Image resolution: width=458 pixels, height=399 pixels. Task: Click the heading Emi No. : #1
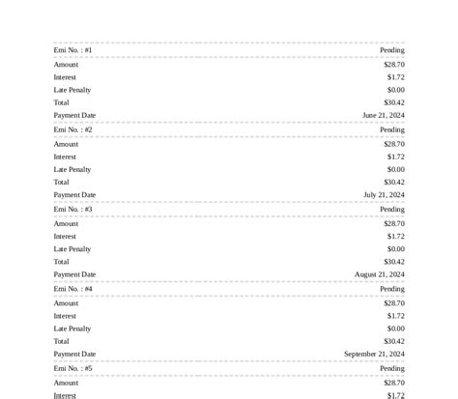click(x=73, y=50)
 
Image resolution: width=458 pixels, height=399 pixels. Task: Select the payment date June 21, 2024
click(x=384, y=115)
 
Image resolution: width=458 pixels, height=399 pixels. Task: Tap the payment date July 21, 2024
click(x=384, y=194)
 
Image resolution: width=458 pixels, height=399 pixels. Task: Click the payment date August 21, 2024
click(x=380, y=274)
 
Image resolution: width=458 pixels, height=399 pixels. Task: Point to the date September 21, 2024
click(x=374, y=354)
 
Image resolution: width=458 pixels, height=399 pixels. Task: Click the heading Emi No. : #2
click(x=73, y=129)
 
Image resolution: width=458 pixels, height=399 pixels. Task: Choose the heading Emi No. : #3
click(x=73, y=209)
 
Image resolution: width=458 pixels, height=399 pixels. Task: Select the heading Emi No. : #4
click(x=73, y=289)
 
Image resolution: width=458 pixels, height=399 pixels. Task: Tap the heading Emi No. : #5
click(x=73, y=368)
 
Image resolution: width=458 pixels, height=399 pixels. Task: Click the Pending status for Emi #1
click(x=392, y=50)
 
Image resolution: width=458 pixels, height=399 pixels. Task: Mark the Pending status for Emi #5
click(x=392, y=368)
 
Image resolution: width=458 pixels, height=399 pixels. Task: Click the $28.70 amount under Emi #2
click(x=394, y=144)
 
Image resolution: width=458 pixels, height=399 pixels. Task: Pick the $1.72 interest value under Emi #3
click(x=396, y=236)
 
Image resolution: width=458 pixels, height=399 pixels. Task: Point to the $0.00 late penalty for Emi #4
click(x=396, y=328)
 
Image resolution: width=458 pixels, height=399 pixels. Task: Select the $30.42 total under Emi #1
click(x=394, y=102)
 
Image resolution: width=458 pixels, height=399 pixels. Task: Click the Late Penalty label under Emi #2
click(x=72, y=169)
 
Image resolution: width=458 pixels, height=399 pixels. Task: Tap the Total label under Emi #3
click(x=62, y=262)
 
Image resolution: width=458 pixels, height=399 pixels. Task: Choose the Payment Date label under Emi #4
click(x=75, y=354)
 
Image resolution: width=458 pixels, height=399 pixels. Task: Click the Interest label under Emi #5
click(x=65, y=395)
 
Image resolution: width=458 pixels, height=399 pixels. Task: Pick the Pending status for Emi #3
click(x=392, y=209)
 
